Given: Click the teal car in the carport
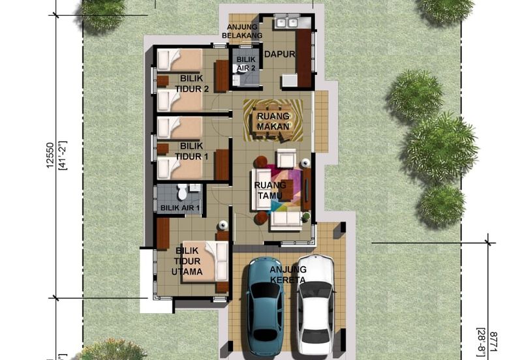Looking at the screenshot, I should point(265,306).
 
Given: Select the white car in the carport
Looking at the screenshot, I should point(315,305).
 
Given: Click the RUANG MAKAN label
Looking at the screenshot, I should point(273,121).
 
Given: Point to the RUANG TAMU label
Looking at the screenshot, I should point(270,190).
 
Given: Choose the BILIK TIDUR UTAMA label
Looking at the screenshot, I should point(187,260).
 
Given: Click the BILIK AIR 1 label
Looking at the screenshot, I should point(180,208).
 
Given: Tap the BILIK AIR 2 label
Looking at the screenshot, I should point(246,63).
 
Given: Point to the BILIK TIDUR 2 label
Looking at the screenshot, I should point(185,84).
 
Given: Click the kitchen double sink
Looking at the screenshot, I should point(284,23).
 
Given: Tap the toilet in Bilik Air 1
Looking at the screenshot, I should point(183,194).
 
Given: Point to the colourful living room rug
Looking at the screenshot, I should point(285,188).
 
